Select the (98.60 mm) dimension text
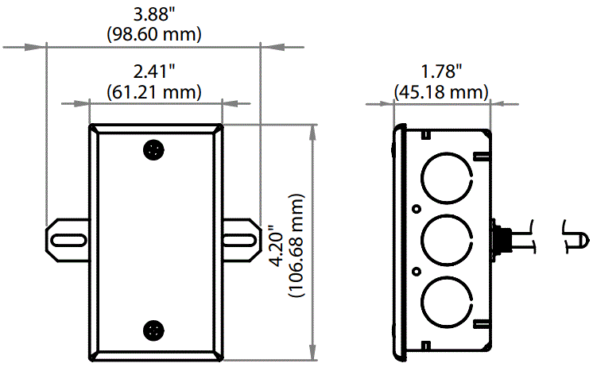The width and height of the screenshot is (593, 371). point(154,34)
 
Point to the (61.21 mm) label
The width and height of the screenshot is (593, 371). point(154,93)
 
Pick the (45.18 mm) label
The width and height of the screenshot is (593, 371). point(441,93)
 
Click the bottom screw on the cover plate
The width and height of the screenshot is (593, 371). point(153,330)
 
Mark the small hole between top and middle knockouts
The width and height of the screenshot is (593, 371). point(416,208)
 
